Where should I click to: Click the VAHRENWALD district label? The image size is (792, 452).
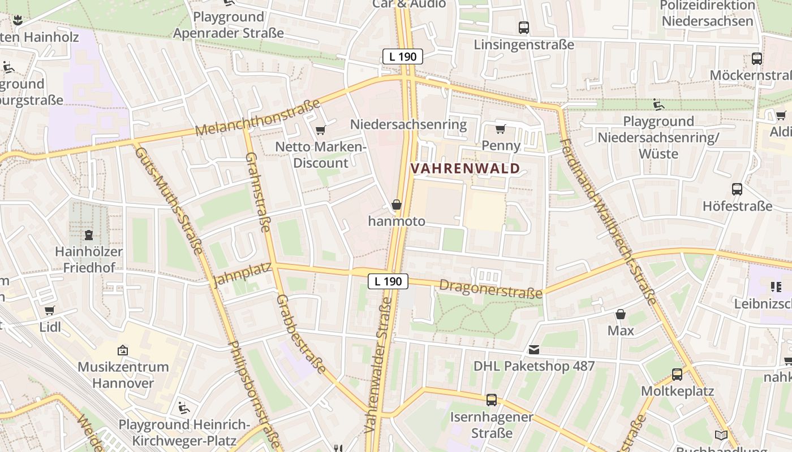click(x=465, y=168)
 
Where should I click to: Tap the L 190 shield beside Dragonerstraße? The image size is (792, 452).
click(x=388, y=281)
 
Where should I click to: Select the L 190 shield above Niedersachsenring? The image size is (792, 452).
click(x=403, y=56)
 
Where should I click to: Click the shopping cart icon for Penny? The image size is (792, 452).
click(x=500, y=129)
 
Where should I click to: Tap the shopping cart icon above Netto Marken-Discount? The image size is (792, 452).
click(x=320, y=131)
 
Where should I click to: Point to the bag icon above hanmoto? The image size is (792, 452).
click(x=397, y=205)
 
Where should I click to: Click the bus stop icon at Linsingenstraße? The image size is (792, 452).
click(x=524, y=27)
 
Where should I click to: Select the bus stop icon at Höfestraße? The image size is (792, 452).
click(x=737, y=189)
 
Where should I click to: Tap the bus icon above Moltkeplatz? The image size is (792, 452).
click(x=677, y=374)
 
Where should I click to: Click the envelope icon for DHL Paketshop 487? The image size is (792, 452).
click(x=534, y=350)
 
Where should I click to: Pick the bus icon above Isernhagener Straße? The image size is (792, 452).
click(x=492, y=400)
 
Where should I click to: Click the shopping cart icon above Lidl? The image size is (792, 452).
click(x=49, y=310)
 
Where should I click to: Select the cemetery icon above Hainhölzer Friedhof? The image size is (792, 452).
click(x=89, y=234)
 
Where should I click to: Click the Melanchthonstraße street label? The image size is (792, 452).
click(x=258, y=118)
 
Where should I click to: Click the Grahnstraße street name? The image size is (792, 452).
click(x=258, y=192)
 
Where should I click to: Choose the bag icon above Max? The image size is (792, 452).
click(x=621, y=314)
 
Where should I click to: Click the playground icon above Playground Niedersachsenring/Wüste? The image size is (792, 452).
click(x=658, y=105)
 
